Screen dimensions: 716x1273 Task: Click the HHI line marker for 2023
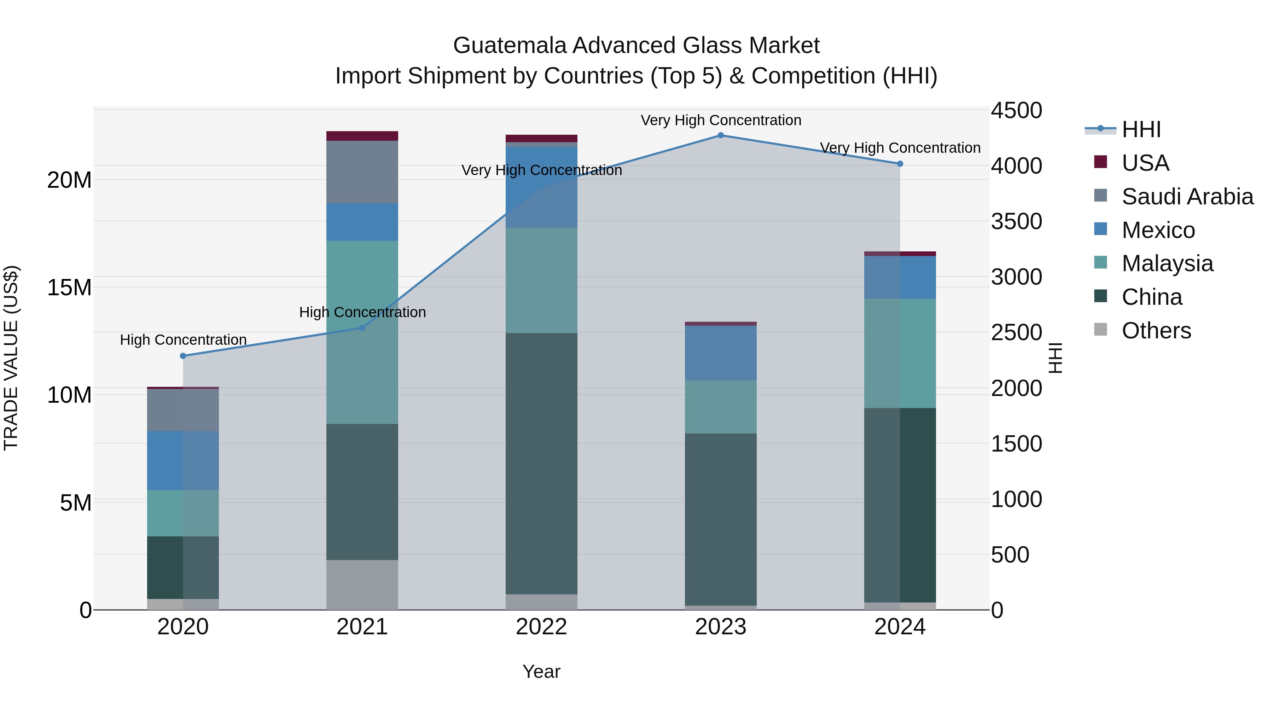pyautogui.click(x=721, y=135)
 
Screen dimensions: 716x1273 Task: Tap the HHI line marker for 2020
pyautogui.click(x=183, y=356)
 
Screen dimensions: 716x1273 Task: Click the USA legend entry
pyautogui.click(x=1145, y=163)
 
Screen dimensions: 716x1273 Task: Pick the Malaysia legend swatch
pyautogui.click(x=1100, y=262)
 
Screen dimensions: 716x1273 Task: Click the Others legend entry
pyautogui.click(x=1156, y=331)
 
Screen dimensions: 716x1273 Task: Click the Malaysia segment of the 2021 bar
pyautogui.click(x=362, y=332)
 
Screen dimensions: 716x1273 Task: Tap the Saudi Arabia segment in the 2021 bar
pyautogui.click(x=362, y=172)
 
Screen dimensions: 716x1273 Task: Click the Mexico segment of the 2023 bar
pyautogui.click(x=721, y=353)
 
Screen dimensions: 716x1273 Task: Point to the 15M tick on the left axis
pyautogui.click(x=69, y=287)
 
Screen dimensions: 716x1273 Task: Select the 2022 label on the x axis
pyautogui.click(x=541, y=627)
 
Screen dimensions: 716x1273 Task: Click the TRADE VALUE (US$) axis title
pyautogui.click(x=11, y=358)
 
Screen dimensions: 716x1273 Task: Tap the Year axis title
pyautogui.click(x=541, y=671)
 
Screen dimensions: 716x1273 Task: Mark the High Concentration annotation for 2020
pyautogui.click(x=183, y=340)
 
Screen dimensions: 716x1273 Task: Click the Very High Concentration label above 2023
pyautogui.click(x=721, y=120)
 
